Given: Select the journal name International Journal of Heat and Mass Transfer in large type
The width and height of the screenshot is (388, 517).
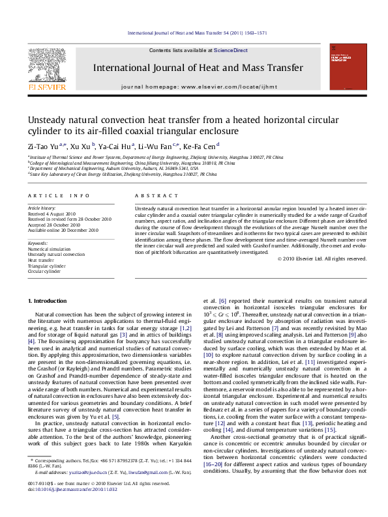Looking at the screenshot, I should [198, 68].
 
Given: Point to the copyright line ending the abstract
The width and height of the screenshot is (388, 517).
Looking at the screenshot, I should [322, 258].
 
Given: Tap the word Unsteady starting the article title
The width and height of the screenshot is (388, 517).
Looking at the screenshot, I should [46, 120].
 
